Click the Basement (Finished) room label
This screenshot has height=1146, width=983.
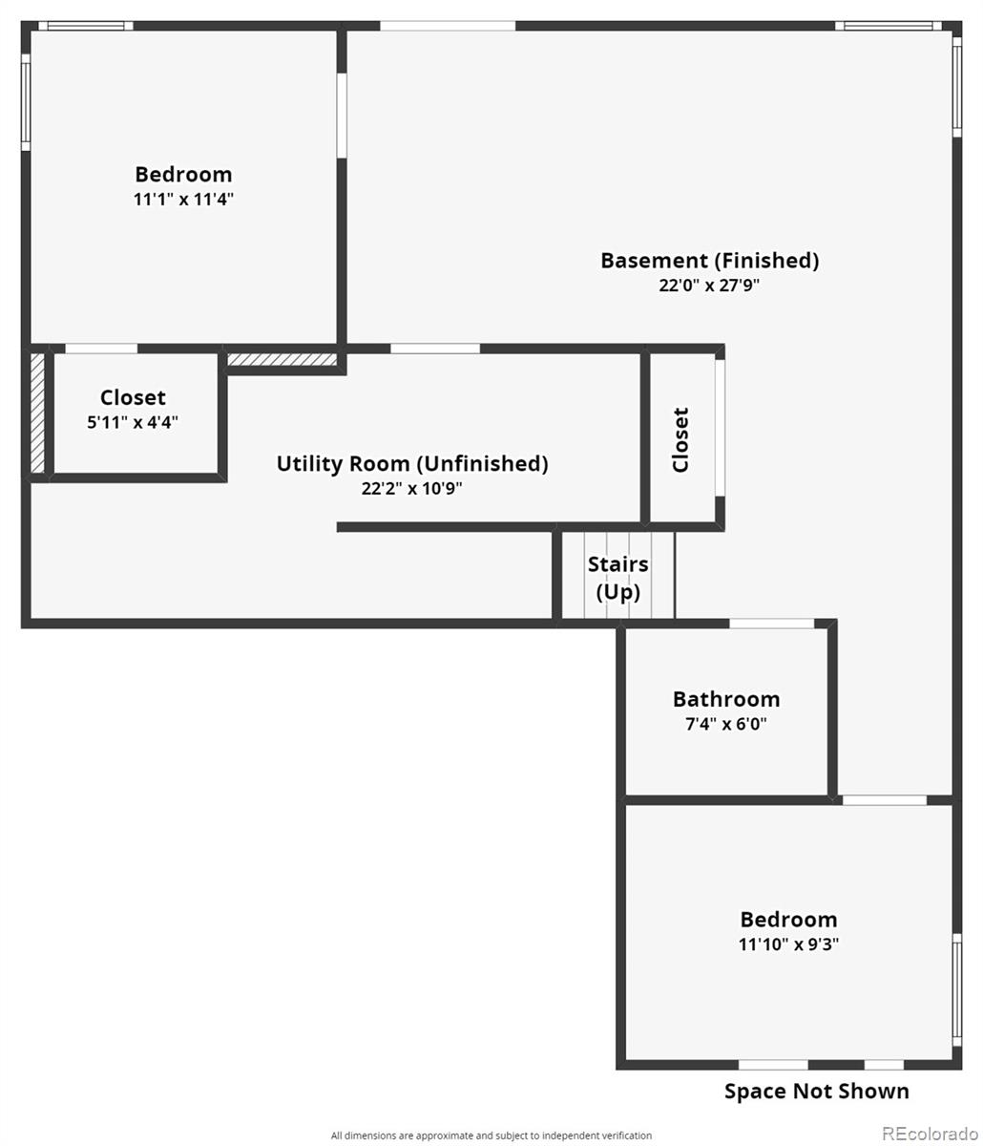pyautogui.click(x=709, y=261)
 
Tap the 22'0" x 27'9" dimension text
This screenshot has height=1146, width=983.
pyautogui.click(x=709, y=285)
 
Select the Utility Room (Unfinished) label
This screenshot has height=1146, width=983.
pyautogui.click(x=412, y=463)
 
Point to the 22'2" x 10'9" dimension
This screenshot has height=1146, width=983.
pyautogui.click(x=411, y=488)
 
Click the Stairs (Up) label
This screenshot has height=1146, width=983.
pyautogui.click(x=617, y=578)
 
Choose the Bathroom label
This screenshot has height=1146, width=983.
pyautogui.click(x=726, y=699)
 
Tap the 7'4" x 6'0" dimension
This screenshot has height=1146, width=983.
pyautogui.click(x=726, y=724)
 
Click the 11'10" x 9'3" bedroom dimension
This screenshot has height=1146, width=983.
pyautogui.click(x=788, y=944)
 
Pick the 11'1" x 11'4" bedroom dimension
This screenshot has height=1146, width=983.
pyautogui.click(x=183, y=199)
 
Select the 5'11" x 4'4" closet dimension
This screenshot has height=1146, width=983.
pyautogui.click(x=133, y=422)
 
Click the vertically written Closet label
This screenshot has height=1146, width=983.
pyautogui.click(x=680, y=439)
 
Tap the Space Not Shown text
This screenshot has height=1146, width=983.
pyautogui.click(x=816, y=1092)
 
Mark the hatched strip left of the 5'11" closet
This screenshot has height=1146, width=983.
pyautogui.click(x=37, y=414)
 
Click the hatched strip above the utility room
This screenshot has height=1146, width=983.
pyautogui.click(x=282, y=359)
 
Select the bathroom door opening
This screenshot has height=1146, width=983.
pyautogui.click(x=771, y=624)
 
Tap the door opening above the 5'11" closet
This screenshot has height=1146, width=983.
pyautogui.click(x=101, y=349)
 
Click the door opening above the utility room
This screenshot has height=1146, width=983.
pyautogui.click(x=435, y=349)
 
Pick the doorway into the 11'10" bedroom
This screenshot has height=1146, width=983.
pyautogui.click(x=885, y=800)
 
